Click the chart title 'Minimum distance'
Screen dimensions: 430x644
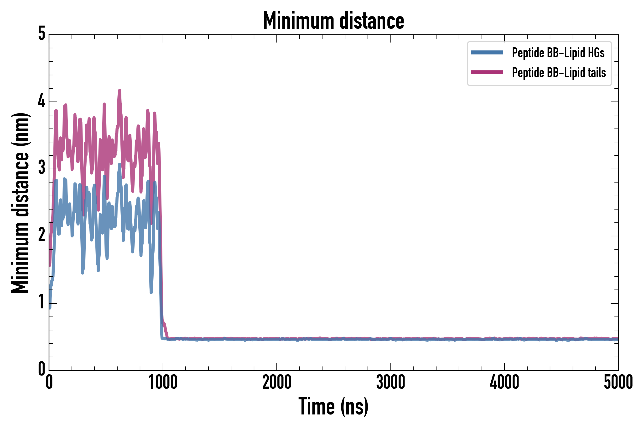[333, 21]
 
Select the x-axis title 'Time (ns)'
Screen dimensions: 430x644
[333, 406]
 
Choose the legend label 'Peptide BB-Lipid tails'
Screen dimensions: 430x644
[559, 73]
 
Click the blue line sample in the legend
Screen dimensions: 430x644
[487, 53]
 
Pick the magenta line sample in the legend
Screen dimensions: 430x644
[487, 72]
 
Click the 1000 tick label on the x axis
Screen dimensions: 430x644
[163, 382]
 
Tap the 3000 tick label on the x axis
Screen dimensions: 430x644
[390, 382]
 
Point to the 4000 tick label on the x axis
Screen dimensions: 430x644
[504, 382]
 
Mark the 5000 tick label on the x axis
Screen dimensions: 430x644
[618, 382]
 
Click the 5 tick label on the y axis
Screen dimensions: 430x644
[42, 34]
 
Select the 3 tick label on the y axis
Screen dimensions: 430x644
[42, 168]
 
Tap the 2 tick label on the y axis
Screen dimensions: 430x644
[42, 235]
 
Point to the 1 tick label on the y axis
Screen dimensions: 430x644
[42, 302]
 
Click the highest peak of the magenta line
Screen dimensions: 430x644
[119, 90]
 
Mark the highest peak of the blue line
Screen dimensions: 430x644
[119, 164]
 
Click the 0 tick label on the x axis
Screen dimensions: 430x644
[49, 382]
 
